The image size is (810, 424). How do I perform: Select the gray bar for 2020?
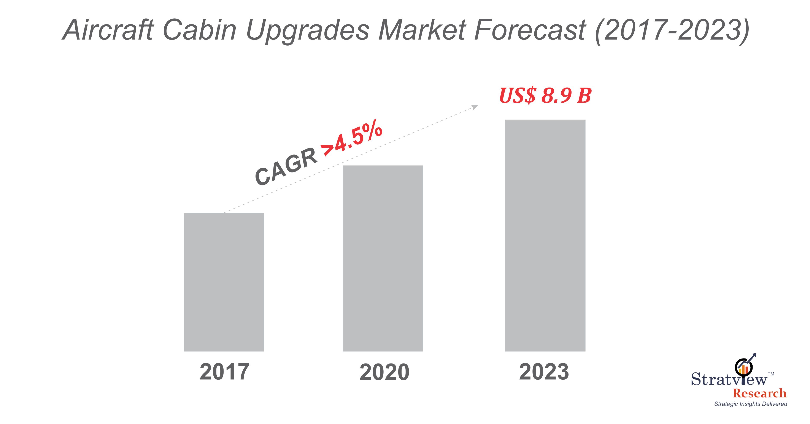(383, 258)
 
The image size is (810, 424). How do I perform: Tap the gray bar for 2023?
(545, 235)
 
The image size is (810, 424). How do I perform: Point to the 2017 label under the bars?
(224, 372)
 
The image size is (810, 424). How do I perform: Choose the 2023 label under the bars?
(544, 372)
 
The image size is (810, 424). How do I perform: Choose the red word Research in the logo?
(759, 393)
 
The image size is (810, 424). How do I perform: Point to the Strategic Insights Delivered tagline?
(751, 404)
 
